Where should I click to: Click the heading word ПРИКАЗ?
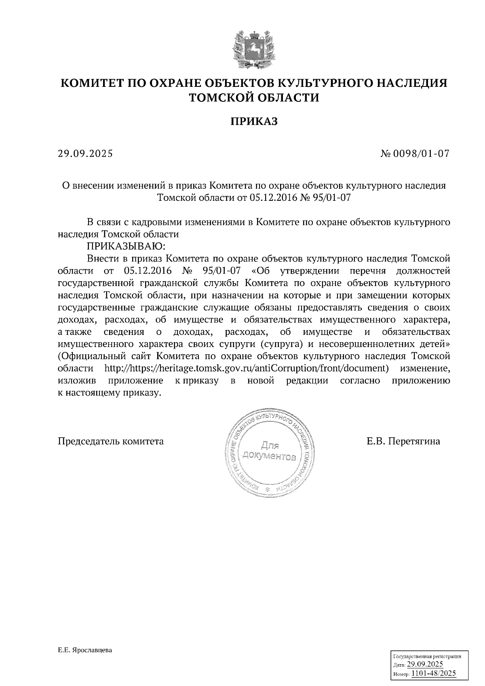(254, 122)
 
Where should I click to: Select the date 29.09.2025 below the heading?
(85, 154)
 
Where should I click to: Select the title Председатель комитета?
(111, 441)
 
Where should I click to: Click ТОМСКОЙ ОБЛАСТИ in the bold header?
(254, 98)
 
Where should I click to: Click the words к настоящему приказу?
(110, 393)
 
